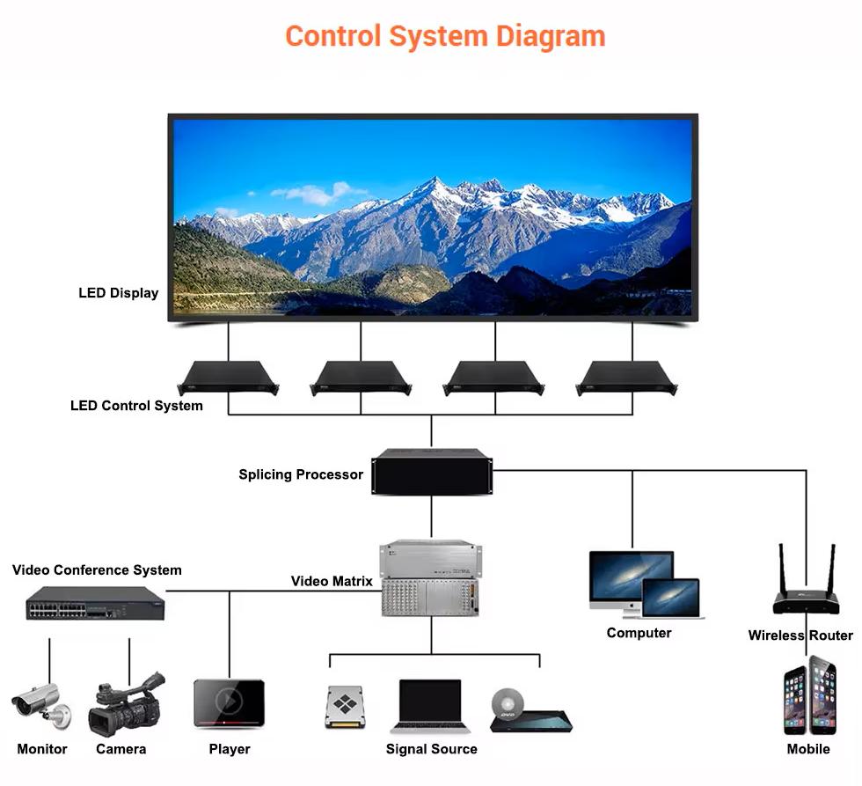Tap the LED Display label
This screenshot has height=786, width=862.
pos(119,293)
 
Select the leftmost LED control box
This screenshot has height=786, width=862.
pos(228,377)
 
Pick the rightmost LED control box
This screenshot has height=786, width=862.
pos(626,377)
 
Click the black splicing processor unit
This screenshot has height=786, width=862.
pos(432,471)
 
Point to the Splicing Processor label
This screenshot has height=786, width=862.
pos(301,474)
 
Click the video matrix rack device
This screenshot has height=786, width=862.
pos(431,578)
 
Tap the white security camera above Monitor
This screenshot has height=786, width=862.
pos(37,702)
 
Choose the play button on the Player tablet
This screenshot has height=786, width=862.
pos(229,701)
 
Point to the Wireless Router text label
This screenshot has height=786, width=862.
pos(800,635)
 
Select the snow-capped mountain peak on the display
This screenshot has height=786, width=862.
pos(434,187)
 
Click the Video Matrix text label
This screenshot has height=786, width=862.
pos(332,582)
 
